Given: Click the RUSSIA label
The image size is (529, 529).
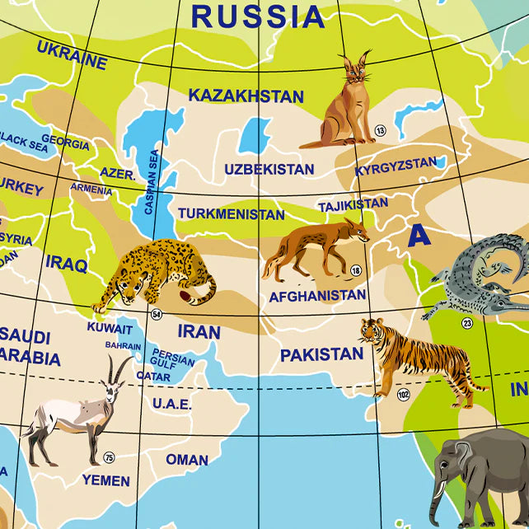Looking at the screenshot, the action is click(x=258, y=16).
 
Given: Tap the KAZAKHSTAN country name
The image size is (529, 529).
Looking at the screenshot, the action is click(x=246, y=96).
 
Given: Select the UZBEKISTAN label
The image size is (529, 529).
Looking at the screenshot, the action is click(x=269, y=170).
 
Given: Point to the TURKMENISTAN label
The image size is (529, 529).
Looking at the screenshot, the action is click(x=231, y=214).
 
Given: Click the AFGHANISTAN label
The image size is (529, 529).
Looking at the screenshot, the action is click(x=317, y=295).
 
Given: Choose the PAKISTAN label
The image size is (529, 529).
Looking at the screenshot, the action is click(x=321, y=355).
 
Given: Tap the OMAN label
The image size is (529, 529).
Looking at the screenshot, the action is click(x=187, y=460).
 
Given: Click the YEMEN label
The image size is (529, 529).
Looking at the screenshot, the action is click(x=105, y=480).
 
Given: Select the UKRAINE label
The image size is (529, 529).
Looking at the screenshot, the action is click(x=72, y=54).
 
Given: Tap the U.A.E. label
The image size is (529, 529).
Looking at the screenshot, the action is click(x=171, y=404).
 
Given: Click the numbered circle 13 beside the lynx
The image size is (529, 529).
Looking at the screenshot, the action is click(x=380, y=130).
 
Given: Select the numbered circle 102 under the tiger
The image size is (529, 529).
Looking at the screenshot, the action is click(x=403, y=395).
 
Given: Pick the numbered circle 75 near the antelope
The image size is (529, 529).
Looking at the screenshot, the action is click(x=109, y=457).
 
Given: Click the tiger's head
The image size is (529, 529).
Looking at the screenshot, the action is click(x=371, y=331).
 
